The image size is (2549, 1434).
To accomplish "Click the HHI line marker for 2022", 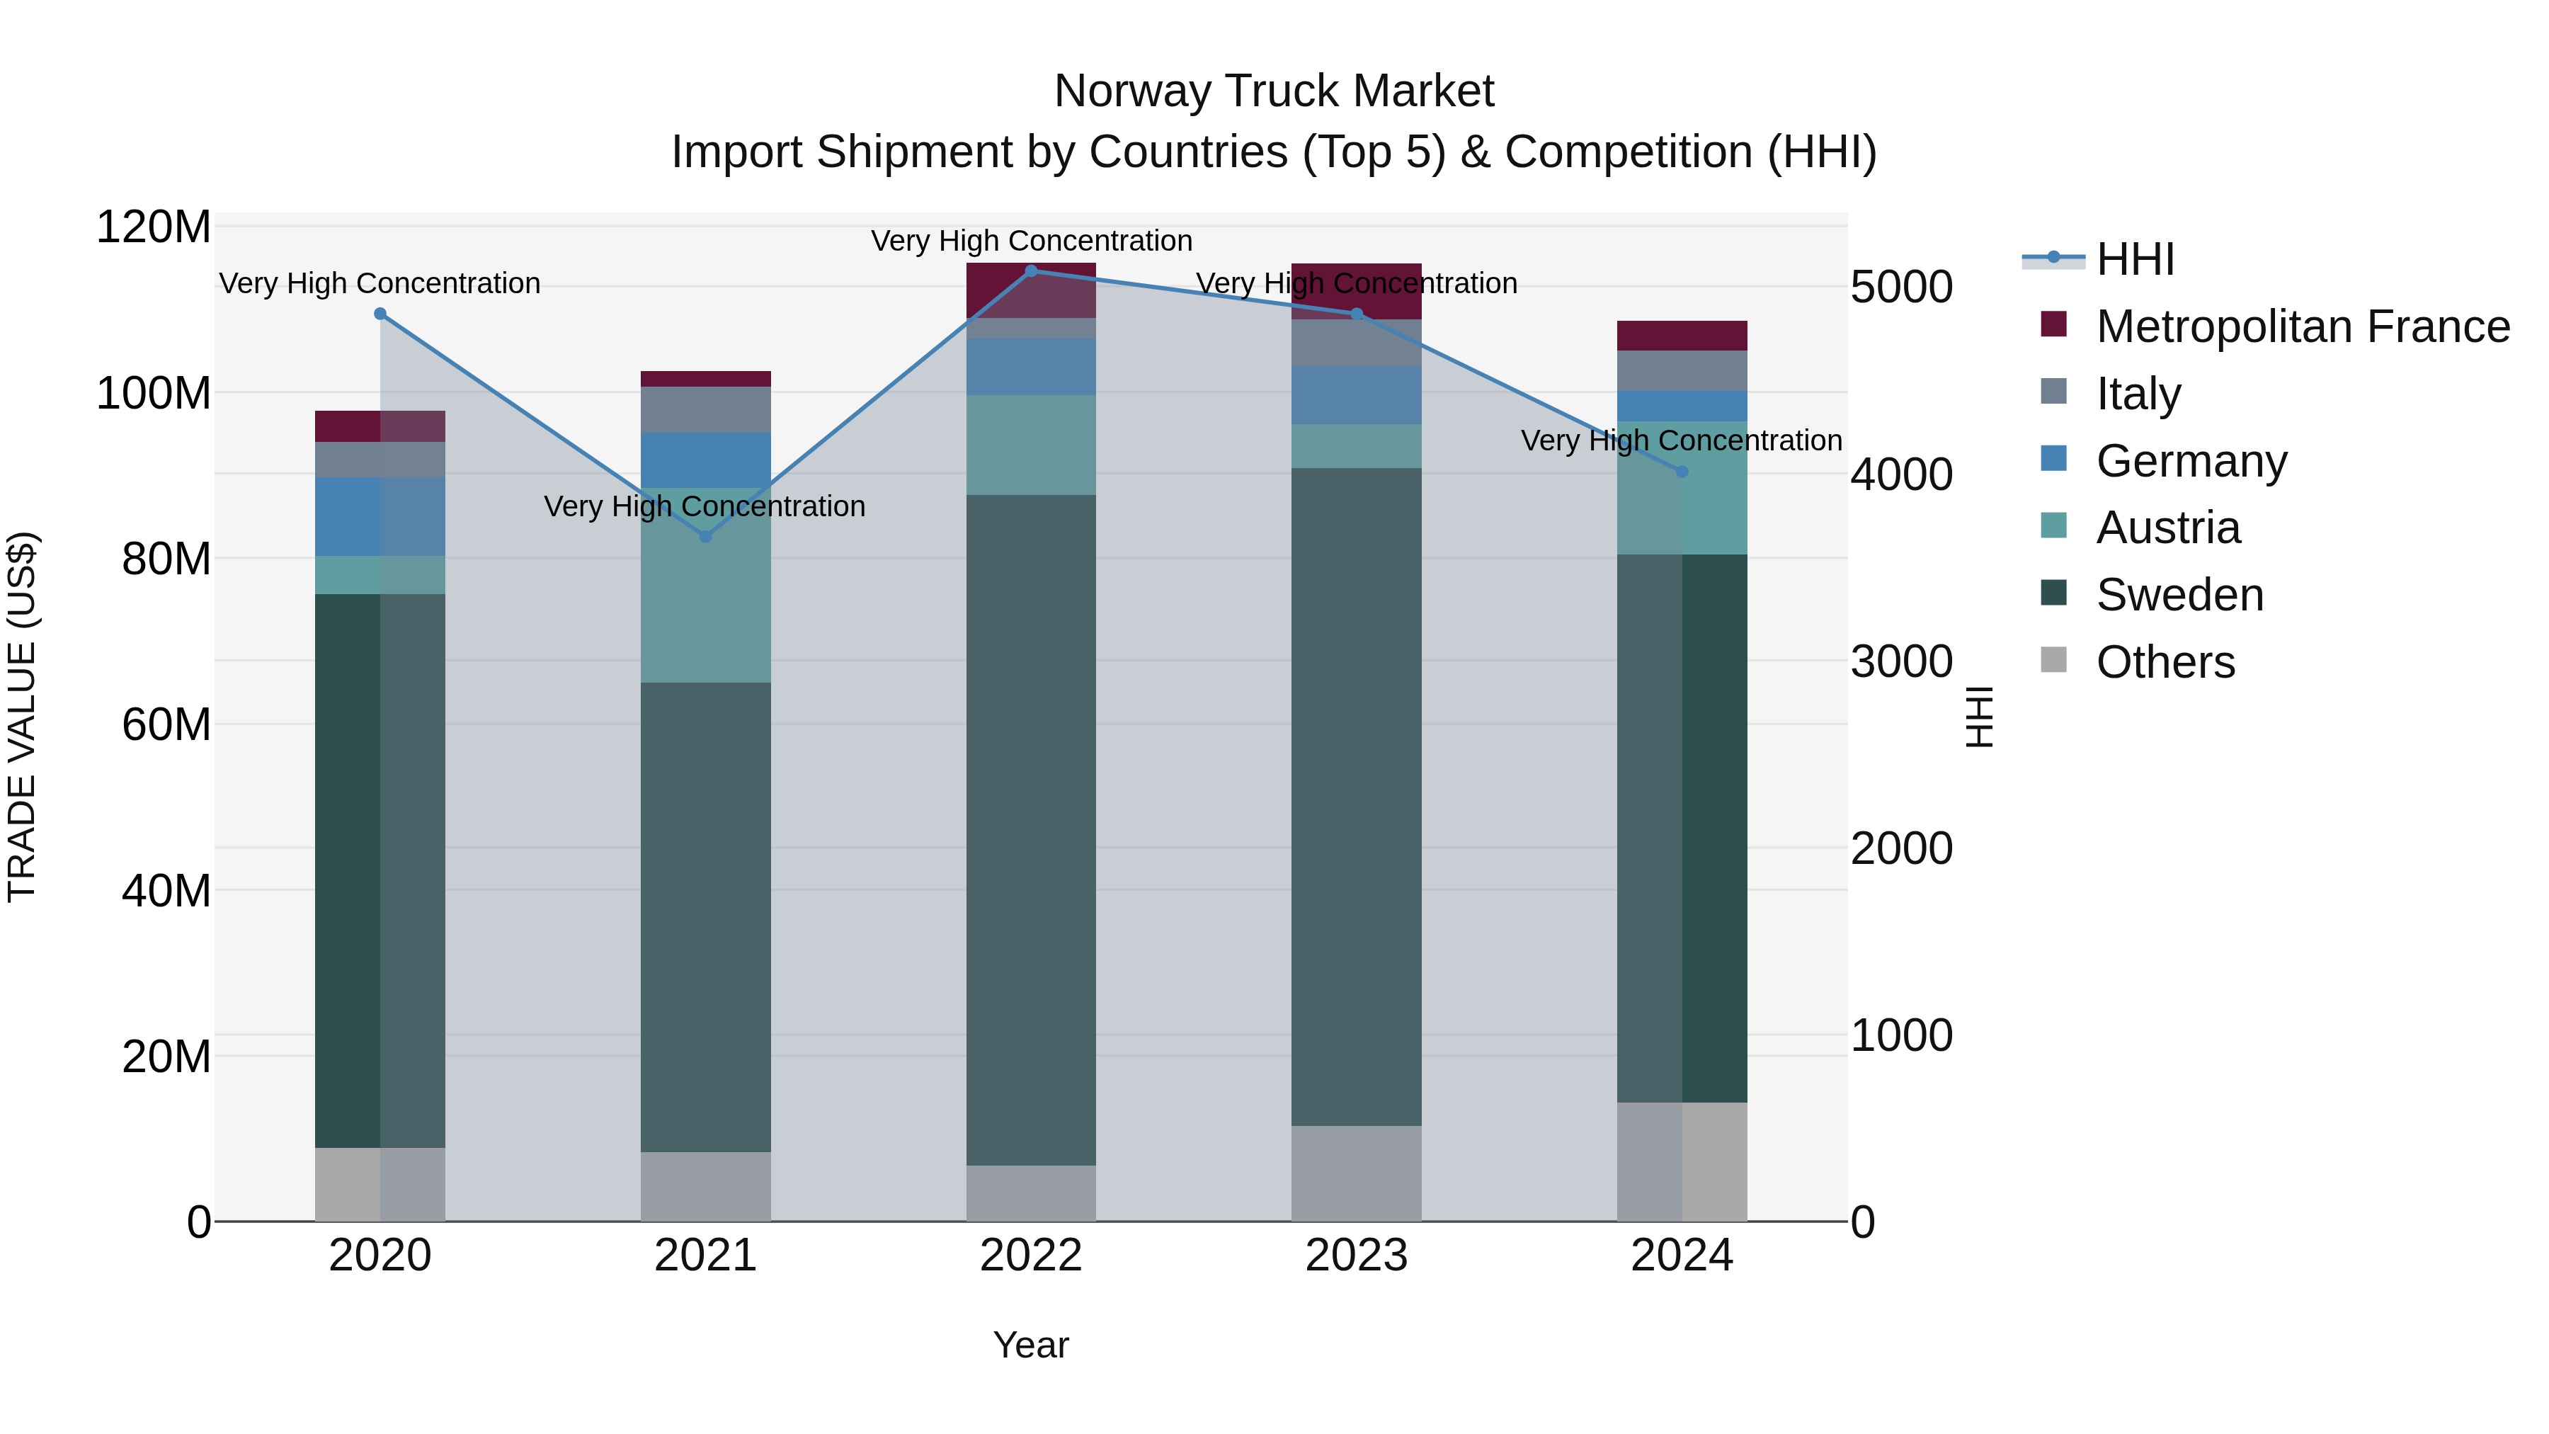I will pyautogui.click(x=1031, y=271).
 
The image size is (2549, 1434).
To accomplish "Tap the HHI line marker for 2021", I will pyautogui.click(x=705, y=536).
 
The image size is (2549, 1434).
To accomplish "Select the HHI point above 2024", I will pyautogui.click(x=1682, y=471).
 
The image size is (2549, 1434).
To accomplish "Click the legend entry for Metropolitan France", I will pyautogui.click(x=2302, y=326).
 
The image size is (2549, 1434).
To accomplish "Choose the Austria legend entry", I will pyautogui.click(x=2167, y=528).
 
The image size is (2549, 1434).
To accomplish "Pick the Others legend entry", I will pyautogui.click(x=2165, y=662).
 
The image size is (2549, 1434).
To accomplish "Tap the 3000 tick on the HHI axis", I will pyautogui.click(x=1901, y=661).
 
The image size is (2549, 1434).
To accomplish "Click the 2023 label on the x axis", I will pyautogui.click(x=1356, y=1256).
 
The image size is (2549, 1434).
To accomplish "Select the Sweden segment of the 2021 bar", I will pyautogui.click(x=705, y=916).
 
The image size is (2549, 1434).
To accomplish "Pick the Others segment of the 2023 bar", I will pyautogui.click(x=1356, y=1173).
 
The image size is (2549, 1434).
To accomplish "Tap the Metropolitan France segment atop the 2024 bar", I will pyautogui.click(x=1682, y=336).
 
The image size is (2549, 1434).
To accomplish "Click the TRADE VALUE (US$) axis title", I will pyautogui.click(x=22, y=717).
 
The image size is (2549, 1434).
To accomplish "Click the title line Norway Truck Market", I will pyautogui.click(x=1274, y=91).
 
